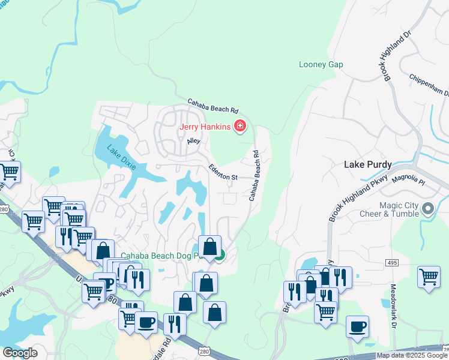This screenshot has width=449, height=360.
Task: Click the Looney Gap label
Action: (x=321, y=65)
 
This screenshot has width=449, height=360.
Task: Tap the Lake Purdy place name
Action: (x=368, y=164)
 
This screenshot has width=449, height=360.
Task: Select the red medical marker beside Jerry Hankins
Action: (x=240, y=126)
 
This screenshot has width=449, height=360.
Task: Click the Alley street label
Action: (x=193, y=141)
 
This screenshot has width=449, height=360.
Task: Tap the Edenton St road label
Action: (x=223, y=173)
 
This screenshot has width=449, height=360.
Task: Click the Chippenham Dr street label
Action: (x=430, y=85)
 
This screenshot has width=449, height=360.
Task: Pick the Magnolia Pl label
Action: (x=408, y=179)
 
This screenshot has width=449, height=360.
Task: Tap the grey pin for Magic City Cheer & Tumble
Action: (x=428, y=209)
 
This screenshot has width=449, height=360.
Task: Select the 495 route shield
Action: (x=392, y=262)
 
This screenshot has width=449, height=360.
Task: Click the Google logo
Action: (x=20, y=353)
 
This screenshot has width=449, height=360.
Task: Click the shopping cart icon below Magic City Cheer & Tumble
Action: (x=429, y=277)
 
